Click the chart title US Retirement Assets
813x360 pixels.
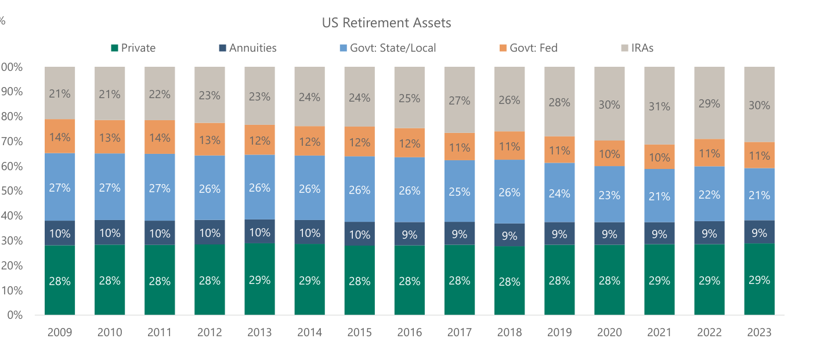pos(386,23)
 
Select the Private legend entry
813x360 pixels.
pos(133,48)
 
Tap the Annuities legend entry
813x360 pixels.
pos(248,48)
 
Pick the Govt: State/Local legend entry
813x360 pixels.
pos(388,48)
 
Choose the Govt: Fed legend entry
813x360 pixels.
pos(529,48)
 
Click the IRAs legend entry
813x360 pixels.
pos(637,48)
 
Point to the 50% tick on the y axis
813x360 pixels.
pos(12,190)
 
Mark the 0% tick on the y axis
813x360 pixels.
pos(15,315)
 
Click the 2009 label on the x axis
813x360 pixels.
pos(60,332)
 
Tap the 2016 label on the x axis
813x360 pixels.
pos(410,332)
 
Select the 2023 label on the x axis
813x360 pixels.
pos(759,332)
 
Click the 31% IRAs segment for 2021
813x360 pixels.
pos(659,106)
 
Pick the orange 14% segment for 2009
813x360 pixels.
pos(60,136)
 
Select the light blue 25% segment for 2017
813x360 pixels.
pos(460,191)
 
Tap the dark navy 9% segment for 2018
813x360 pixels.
pos(510,235)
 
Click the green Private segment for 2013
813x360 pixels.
pos(259,279)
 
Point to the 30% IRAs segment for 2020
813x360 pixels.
pos(609,103)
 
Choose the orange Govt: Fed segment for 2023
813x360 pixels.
pos(759,155)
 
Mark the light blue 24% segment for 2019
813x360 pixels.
pos(559,193)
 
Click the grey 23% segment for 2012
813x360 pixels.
pos(209,95)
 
